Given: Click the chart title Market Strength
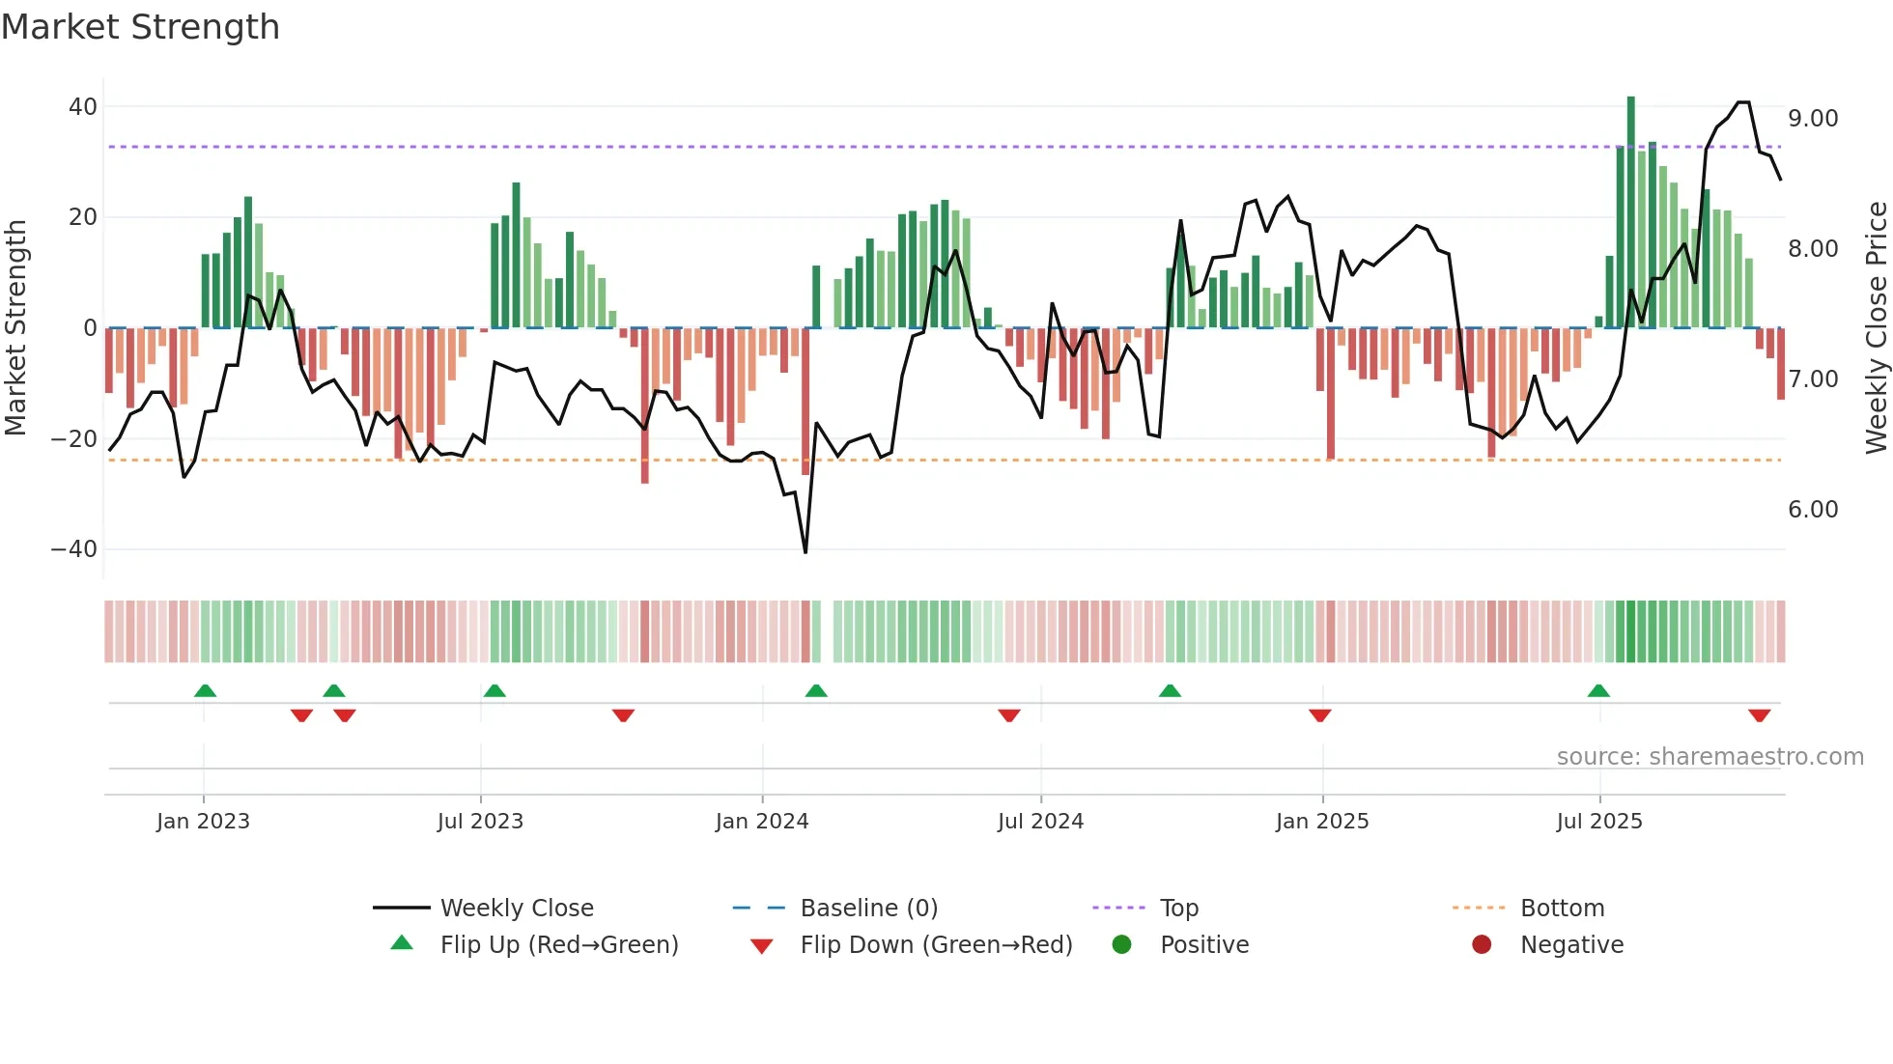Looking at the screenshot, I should pos(140,27).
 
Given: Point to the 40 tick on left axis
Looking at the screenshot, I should pos(83,107).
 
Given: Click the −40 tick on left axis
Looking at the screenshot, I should pos(74,549).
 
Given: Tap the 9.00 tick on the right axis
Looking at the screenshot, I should pos(1813,119).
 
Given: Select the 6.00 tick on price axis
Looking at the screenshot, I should pos(1813,510).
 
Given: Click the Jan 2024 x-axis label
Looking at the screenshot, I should pos(761,822).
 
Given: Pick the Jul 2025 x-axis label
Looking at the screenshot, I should pos(1598,822).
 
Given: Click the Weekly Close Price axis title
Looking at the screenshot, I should pos(1876,328).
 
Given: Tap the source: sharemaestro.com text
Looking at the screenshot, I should pos(1709,757).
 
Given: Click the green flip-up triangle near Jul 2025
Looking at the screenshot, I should pos(1598,690).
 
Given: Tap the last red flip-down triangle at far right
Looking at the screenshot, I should pos(1759,715).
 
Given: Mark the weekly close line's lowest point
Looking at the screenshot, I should pos(805,551).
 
